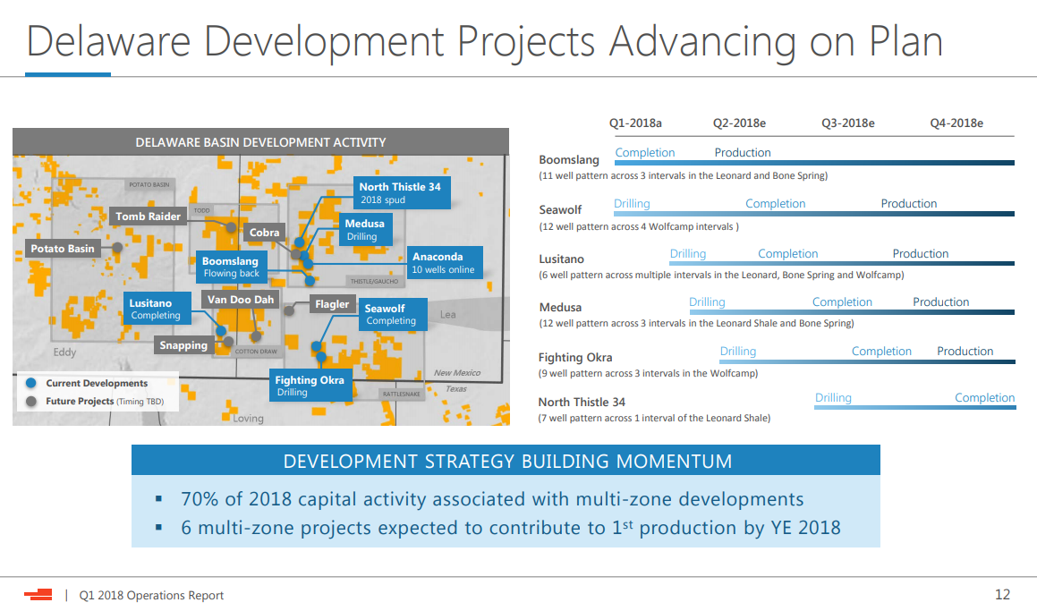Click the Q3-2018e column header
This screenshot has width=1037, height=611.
[848, 123]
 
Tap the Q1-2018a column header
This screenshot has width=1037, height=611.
[635, 123]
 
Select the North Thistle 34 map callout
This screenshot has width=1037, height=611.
[402, 192]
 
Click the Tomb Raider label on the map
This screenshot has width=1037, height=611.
[149, 216]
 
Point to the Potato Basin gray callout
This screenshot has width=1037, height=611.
[63, 249]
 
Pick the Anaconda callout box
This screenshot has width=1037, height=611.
[444, 262]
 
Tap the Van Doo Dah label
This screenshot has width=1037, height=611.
[240, 300]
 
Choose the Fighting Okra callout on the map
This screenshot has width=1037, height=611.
[310, 386]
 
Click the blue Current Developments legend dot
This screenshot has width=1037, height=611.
[30, 383]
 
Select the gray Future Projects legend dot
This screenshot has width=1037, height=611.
[30, 402]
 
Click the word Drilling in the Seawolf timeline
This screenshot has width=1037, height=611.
[632, 204]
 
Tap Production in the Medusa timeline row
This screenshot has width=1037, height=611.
[941, 302]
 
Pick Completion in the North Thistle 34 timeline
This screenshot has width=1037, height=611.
[984, 397]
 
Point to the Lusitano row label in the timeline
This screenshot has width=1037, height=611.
[562, 259]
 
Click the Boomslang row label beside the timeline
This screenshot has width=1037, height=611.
[569, 159]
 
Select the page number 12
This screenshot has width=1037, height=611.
[1003, 595]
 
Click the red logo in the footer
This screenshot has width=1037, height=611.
[38, 595]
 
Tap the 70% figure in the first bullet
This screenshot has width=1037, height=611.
[200, 498]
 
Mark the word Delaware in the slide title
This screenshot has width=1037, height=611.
[108, 41]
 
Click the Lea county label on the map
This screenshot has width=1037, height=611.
[447, 315]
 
